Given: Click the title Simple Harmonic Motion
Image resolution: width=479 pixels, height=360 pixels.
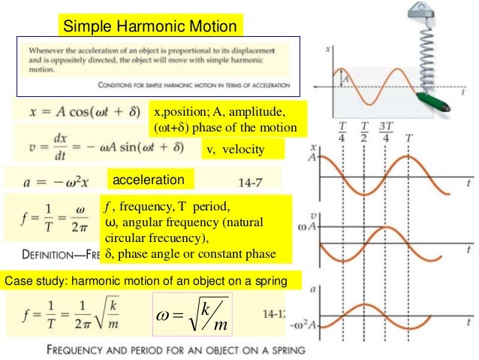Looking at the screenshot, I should click(x=149, y=27).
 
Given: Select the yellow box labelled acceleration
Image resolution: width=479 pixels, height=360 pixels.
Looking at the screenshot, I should click(x=148, y=180).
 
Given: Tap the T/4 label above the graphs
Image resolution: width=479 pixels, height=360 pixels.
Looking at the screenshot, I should click(x=342, y=132).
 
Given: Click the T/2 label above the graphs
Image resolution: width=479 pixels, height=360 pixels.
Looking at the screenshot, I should click(x=365, y=132).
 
